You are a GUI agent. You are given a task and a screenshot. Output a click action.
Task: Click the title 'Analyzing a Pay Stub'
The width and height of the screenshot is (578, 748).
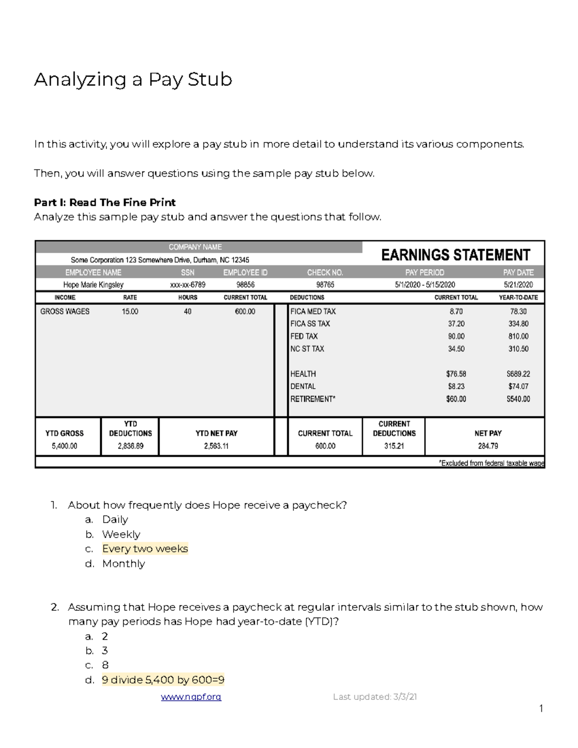133,79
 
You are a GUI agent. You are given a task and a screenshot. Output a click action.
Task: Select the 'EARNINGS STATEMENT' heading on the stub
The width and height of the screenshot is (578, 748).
455,255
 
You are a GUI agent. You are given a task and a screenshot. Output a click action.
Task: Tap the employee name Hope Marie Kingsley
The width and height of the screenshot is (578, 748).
93,285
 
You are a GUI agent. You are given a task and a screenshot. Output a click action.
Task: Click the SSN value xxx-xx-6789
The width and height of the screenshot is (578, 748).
187,285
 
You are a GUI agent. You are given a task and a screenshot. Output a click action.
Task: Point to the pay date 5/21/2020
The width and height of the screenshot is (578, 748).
518,285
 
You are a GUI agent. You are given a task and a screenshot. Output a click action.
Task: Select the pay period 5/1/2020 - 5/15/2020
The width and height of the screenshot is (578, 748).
425,285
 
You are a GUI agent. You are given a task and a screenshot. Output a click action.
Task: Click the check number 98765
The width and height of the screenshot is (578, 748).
325,285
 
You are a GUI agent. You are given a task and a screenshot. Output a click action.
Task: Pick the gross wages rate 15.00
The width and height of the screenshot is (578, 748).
130,312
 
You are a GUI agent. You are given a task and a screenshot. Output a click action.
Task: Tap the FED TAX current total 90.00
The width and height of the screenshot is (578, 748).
456,336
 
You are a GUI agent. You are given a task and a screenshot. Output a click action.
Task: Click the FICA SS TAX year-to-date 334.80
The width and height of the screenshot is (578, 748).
518,324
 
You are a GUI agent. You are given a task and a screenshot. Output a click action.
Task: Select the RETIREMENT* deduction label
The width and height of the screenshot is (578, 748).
313,399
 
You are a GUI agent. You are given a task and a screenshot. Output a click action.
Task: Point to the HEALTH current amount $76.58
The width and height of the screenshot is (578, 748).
456,374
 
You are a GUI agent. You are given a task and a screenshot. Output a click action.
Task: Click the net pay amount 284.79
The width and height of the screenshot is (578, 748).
488,446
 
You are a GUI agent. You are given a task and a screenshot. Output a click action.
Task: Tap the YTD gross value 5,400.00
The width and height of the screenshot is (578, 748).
65,446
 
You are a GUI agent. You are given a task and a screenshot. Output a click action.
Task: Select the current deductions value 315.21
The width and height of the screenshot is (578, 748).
394,446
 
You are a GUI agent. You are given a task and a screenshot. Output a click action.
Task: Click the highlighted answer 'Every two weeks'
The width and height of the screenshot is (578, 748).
145,549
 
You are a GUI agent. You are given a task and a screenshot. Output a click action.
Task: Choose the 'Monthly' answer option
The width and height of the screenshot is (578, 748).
123,564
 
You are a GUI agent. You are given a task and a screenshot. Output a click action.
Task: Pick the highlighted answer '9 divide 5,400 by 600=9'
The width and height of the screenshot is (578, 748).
163,680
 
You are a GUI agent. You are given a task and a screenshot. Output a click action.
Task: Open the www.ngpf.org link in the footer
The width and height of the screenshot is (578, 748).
191,697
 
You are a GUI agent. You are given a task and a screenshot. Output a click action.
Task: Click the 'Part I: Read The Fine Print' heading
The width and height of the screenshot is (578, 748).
105,202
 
